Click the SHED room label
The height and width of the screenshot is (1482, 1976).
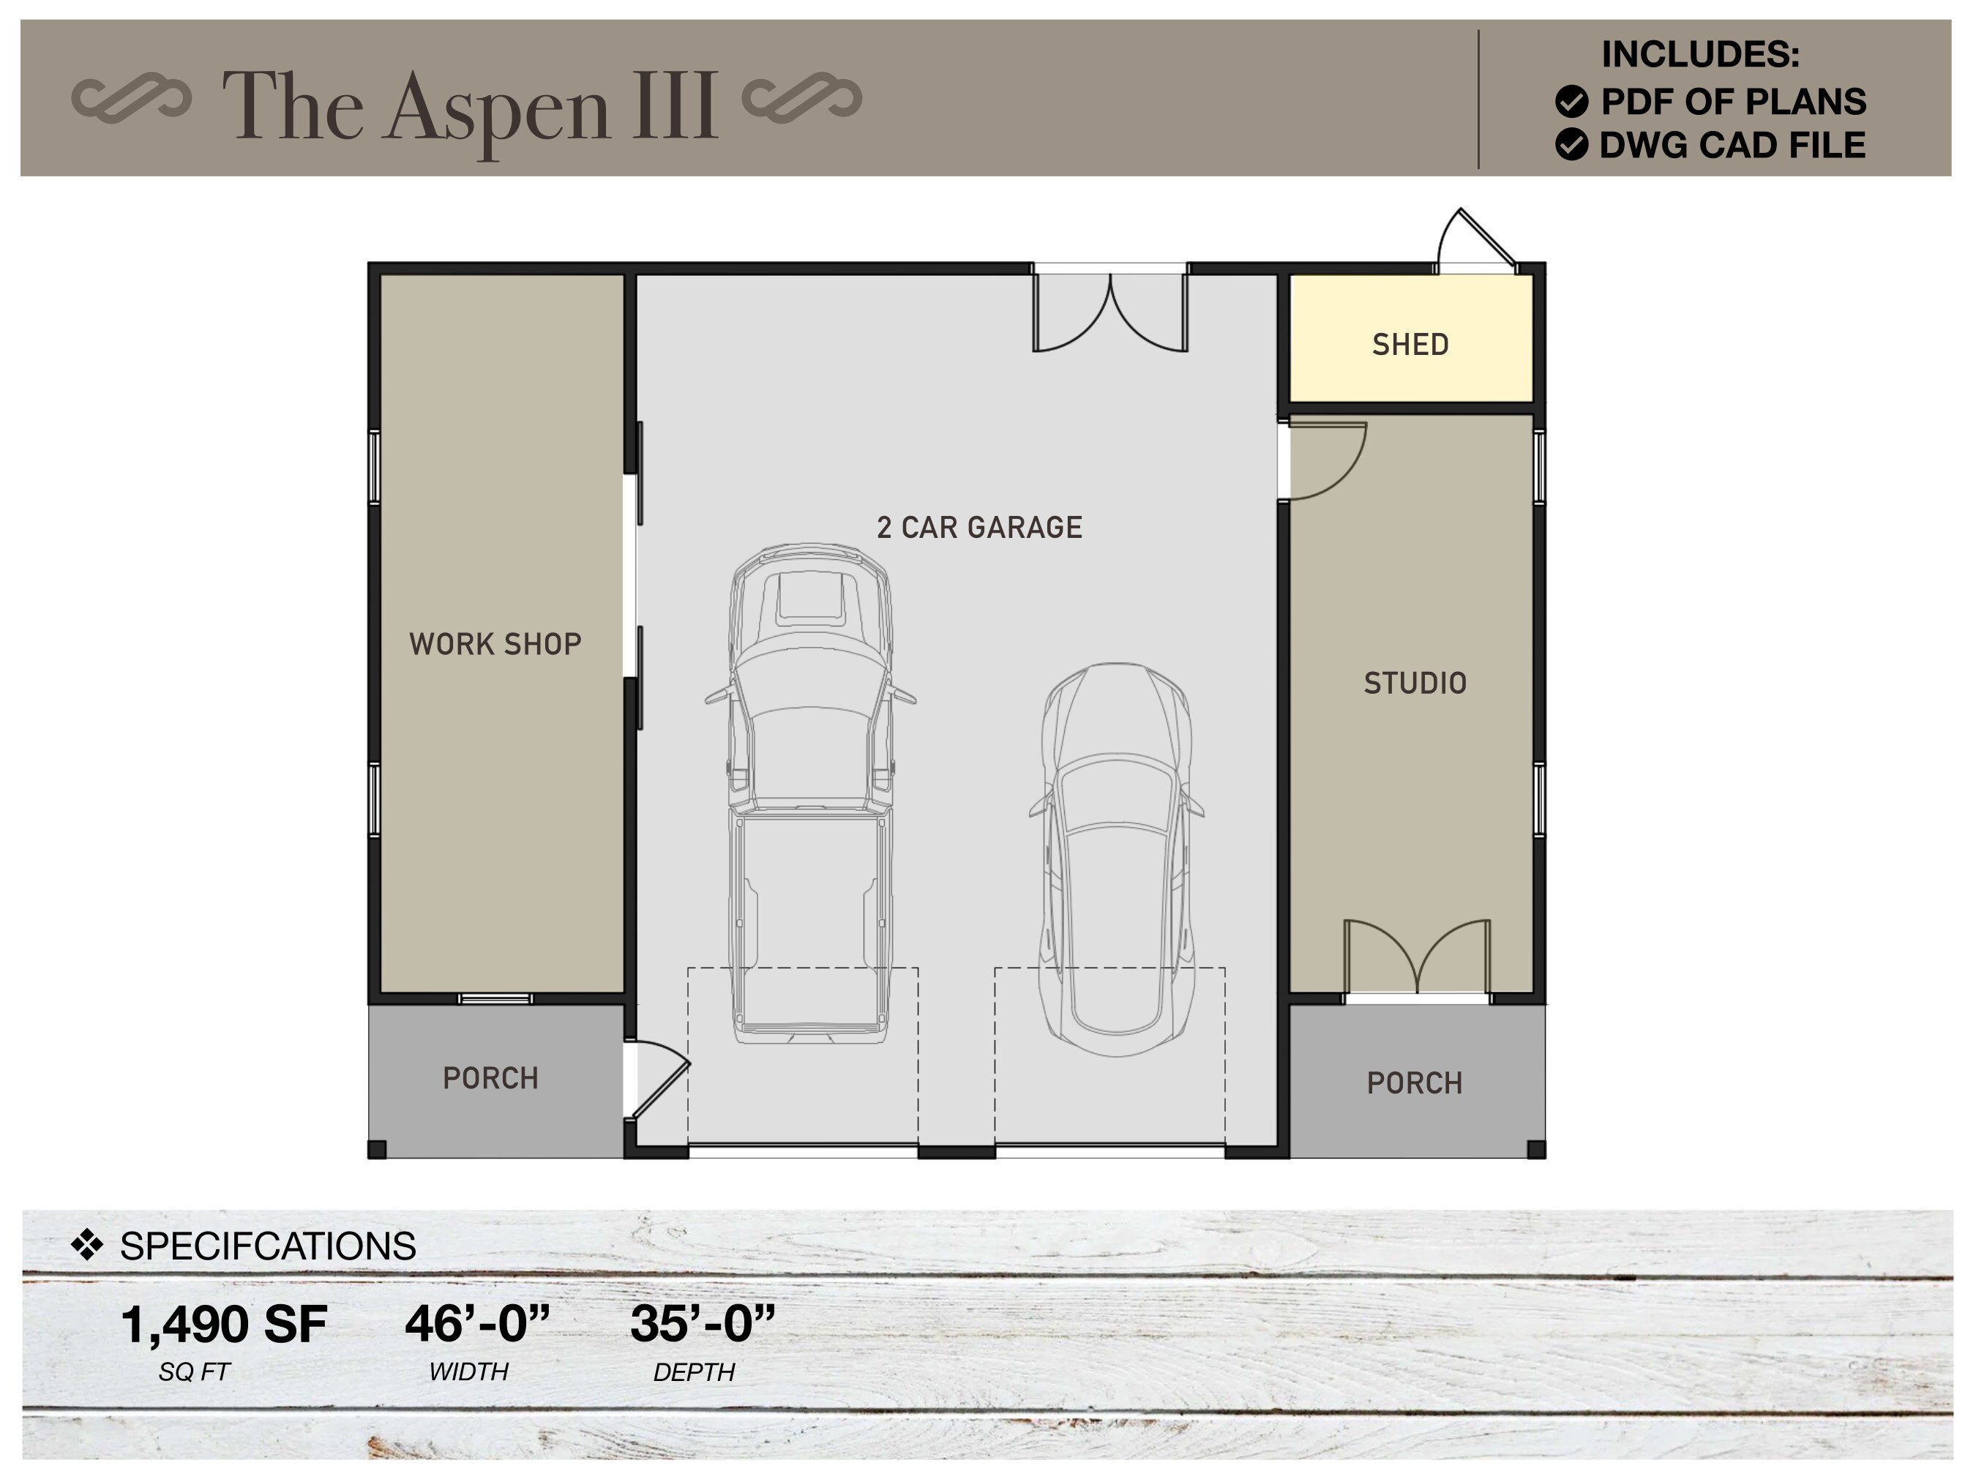(1410, 345)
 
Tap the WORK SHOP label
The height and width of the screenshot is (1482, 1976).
(495, 644)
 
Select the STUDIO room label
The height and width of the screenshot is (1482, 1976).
(1414, 684)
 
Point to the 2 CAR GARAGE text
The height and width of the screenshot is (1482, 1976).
(979, 528)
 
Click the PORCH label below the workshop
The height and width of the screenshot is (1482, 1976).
(490, 1078)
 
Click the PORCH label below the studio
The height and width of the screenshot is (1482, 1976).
(1414, 1084)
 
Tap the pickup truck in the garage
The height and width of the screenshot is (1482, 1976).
(809, 795)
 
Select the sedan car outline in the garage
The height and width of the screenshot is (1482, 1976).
(1117, 858)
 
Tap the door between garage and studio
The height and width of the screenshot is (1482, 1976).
(1325, 461)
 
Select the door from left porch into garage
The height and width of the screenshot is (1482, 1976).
(659, 1081)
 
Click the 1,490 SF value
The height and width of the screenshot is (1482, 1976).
(223, 1324)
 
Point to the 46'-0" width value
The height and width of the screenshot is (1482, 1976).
(477, 1324)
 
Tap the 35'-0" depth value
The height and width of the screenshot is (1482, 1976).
(702, 1324)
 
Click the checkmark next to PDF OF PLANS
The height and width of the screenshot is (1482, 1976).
(1571, 102)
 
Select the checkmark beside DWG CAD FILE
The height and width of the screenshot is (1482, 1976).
(1571, 145)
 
